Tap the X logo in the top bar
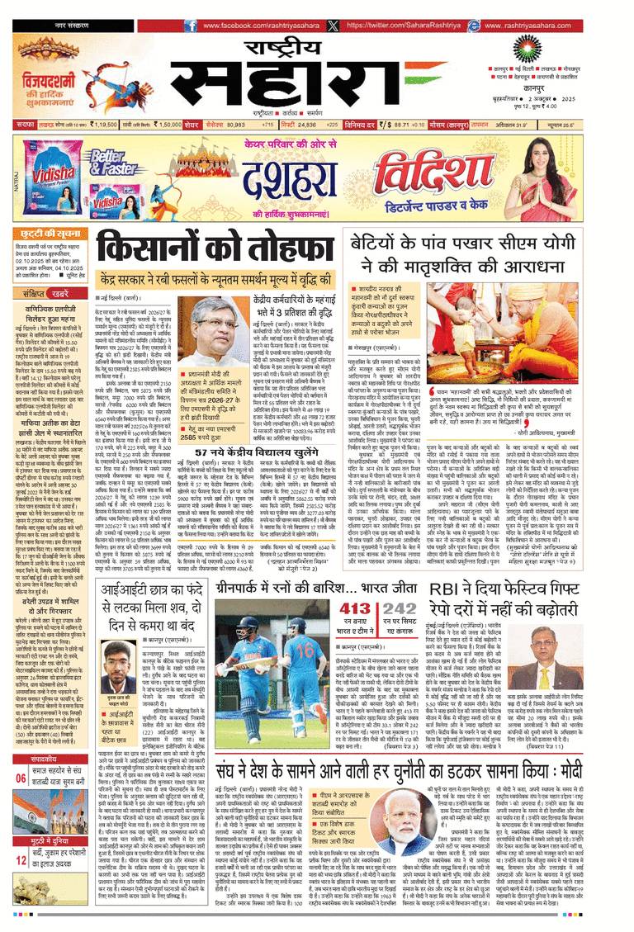point(333,26)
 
